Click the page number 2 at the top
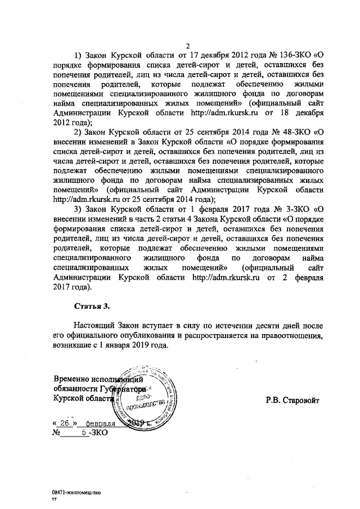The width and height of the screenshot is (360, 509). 189,46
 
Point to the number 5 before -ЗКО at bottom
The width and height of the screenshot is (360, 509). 84,433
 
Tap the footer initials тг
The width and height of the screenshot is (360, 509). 55,498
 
